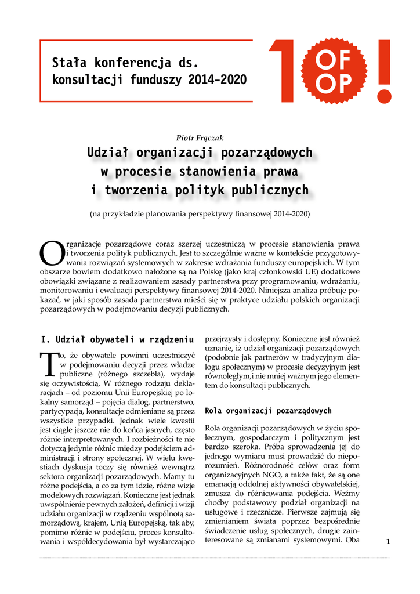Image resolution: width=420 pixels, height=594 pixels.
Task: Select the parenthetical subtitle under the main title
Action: [x=200, y=213]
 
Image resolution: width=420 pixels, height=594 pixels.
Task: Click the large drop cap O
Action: [x=50, y=251]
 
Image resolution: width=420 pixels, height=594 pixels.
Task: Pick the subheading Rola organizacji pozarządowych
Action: [x=268, y=411]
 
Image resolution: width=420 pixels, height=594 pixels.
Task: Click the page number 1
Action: [x=388, y=541]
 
